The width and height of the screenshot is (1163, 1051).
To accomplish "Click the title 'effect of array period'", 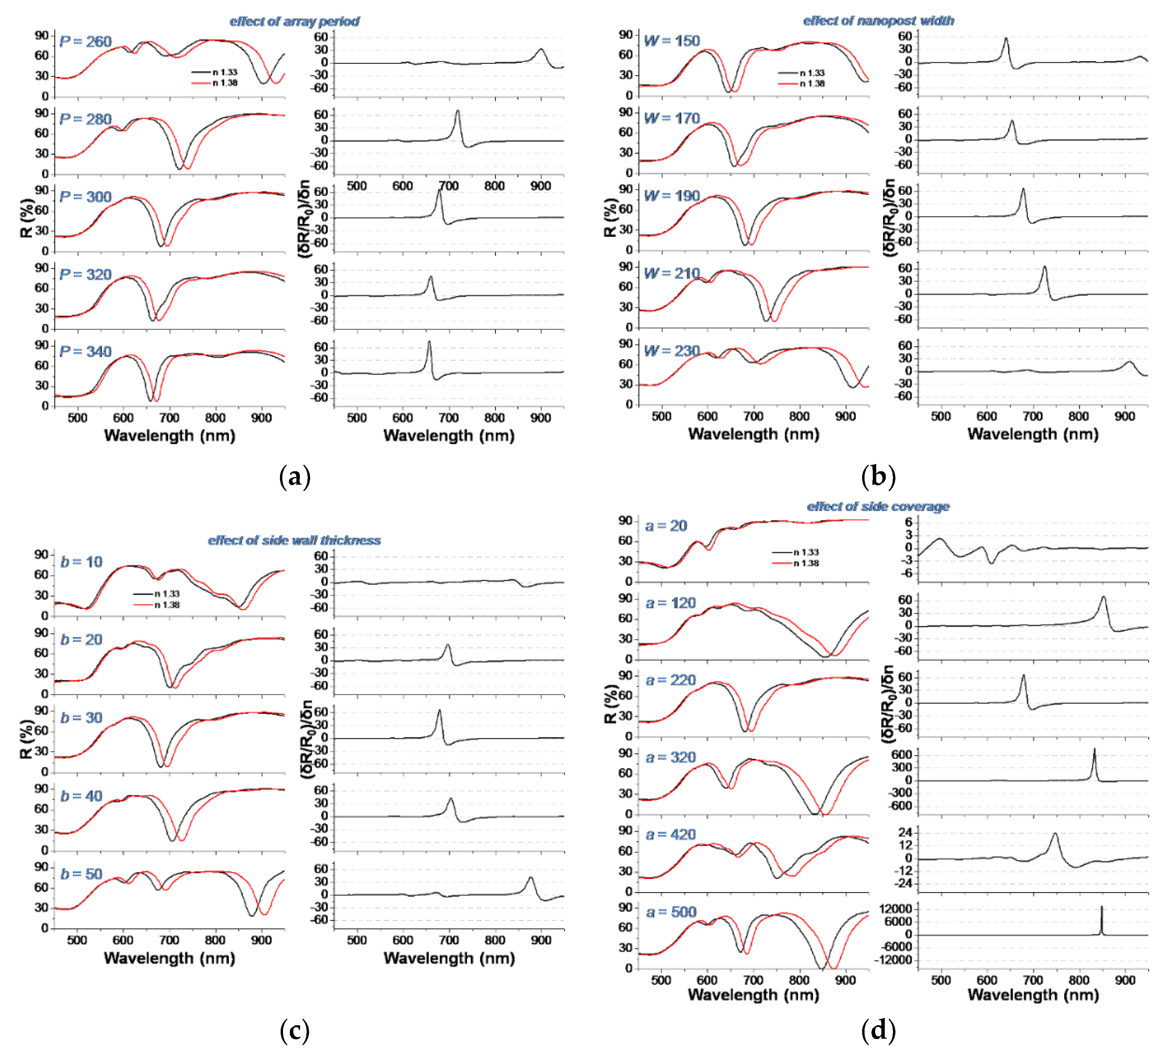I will tap(294, 21).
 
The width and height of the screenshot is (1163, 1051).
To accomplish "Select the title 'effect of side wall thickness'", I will tap(294, 540).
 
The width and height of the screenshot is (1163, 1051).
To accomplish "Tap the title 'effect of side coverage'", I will tap(878, 506).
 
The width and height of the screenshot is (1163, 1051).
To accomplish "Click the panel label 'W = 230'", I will tap(671, 351).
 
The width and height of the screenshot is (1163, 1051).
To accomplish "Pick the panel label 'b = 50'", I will tap(81, 874).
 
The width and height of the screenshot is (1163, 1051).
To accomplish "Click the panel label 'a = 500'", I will tap(671, 912).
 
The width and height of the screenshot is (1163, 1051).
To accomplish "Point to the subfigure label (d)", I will tap(878, 1030).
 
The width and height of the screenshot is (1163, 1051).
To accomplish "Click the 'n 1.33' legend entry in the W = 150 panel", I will tap(812, 73).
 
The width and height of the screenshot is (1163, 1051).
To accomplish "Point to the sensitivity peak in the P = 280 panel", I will tap(457, 112).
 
